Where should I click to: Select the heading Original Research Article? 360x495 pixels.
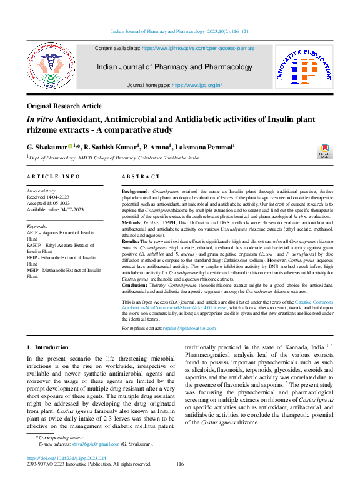click(x=64, y=106)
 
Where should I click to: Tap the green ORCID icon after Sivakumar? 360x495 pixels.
click(x=71, y=146)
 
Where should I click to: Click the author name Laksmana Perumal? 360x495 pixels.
click(x=206, y=146)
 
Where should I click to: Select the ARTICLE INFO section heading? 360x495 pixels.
click(x=53, y=177)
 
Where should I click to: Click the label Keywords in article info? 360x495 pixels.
click(x=37, y=226)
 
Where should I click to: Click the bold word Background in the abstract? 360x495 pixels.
click(x=134, y=189)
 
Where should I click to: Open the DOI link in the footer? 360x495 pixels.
click(x=62, y=475)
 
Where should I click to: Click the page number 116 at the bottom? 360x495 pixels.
click(x=180, y=481)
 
